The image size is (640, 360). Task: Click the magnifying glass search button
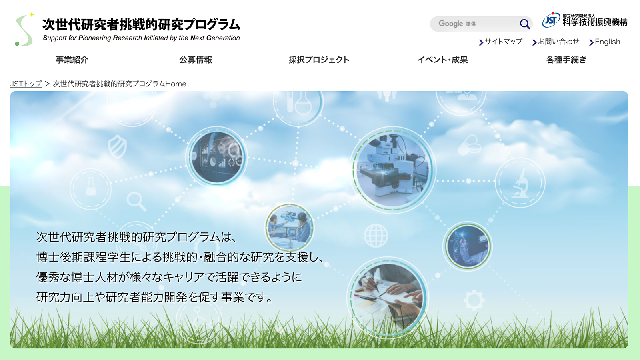524,24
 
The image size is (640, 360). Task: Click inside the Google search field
474,24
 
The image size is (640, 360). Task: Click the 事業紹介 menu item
72,60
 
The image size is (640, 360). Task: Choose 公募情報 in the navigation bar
196,60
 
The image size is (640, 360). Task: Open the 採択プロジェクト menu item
319,60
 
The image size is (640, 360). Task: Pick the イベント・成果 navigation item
442,60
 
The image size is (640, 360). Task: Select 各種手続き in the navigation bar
566,60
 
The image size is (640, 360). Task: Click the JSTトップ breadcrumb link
26,84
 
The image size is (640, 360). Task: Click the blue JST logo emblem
551,20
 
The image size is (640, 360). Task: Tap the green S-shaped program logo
24,29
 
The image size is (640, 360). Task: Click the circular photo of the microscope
392,170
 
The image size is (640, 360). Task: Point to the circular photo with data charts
216,157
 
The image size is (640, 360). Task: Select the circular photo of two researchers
290,228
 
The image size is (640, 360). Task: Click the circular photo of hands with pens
388,297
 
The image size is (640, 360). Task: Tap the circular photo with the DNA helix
468,246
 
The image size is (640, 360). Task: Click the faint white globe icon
376,236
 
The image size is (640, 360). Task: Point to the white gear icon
474,300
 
